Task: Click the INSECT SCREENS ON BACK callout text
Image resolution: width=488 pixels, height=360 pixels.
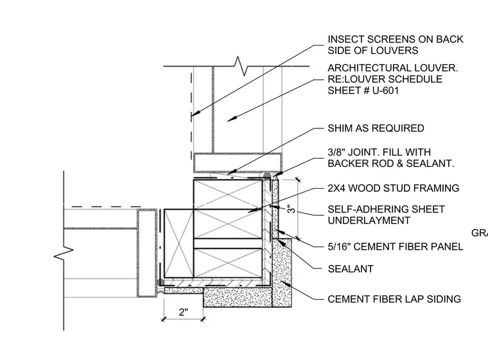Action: click(396, 40)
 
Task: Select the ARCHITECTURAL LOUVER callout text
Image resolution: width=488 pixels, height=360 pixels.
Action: click(392, 68)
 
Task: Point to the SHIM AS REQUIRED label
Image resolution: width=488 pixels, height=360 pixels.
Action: click(376, 128)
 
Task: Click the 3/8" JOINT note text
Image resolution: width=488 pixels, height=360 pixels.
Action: click(390, 158)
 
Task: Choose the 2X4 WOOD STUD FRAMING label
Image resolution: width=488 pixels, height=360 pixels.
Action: click(394, 188)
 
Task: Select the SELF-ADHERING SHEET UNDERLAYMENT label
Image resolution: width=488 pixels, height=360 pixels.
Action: click(386, 215)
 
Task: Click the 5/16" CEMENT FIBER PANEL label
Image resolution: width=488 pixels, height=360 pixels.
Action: click(396, 247)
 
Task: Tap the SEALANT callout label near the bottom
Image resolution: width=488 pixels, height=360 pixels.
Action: click(351, 269)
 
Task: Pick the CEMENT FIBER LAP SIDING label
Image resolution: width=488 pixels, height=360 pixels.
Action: click(394, 299)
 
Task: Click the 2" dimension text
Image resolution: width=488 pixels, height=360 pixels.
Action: click(184, 312)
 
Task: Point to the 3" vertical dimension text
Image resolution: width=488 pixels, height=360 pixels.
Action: click(291, 209)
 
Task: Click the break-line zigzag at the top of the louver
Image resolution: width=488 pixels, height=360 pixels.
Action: click(241, 66)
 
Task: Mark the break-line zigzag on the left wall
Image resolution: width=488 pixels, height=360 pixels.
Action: click(64, 253)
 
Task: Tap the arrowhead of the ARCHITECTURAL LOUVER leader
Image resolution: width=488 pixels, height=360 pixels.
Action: click(231, 119)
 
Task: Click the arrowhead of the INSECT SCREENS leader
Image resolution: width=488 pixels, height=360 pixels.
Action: click(194, 114)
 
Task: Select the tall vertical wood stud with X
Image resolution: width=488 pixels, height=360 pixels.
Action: click(179, 243)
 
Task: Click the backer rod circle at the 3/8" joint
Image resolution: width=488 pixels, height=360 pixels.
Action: click(267, 176)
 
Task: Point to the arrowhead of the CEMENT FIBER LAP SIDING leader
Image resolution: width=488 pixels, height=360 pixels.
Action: click(286, 284)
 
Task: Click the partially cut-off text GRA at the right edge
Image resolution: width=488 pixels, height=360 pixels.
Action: click(480, 233)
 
